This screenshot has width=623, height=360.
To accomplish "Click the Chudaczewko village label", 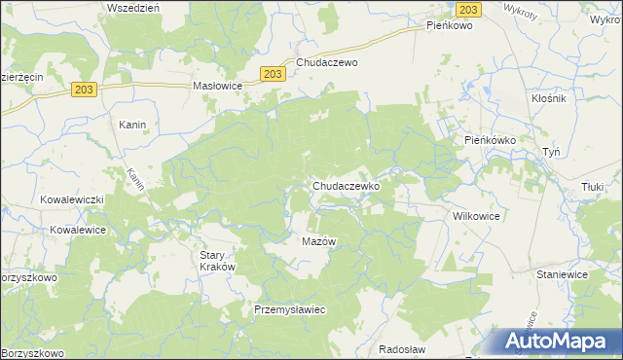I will [x=351, y=185].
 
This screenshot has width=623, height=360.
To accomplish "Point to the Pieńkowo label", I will [x=449, y=26].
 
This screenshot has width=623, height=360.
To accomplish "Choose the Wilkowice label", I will [x=475, y=217].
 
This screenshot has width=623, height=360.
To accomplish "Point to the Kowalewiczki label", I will [x=71, y=199].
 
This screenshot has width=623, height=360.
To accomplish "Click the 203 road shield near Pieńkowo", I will [x=469, y=9].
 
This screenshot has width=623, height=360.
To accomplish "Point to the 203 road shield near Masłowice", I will [x=274, y=73].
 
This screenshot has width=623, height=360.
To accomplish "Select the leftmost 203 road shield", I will [x=83, y=90].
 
